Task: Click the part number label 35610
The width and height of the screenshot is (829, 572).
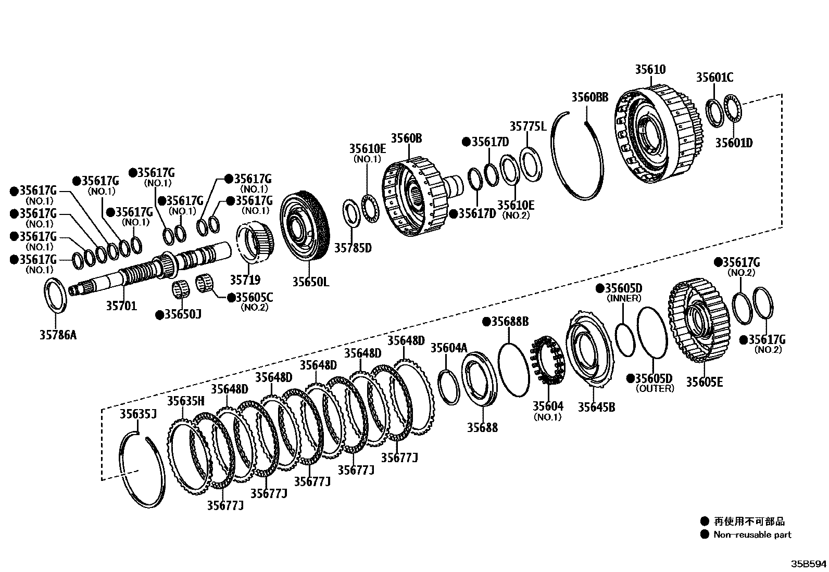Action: [x=650, y=69]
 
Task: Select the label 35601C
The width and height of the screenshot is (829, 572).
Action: [x=714, y=78]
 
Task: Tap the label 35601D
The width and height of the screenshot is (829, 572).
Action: [x=734, y=143]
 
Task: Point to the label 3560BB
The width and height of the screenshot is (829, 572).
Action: [x=589, y=97]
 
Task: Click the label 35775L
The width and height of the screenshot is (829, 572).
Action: [x=527, y=126]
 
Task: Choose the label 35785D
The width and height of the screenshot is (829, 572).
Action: [x=353, y=248]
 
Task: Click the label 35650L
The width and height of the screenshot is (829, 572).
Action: [x=310, y=282]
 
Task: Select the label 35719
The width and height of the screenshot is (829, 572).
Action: [x=245, y=280]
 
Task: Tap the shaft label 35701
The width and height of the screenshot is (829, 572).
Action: [x=121, y=306]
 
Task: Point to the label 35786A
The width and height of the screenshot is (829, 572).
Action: [x=58, y=335]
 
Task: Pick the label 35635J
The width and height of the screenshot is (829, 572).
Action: [x=138, y=414]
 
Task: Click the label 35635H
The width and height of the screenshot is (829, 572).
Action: [x=185, y=401]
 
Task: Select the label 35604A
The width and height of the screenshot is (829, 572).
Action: [x=449, y=348]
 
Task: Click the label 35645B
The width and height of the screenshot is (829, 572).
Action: [x=596, y=407]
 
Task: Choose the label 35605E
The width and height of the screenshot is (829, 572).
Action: [x=704, y=382]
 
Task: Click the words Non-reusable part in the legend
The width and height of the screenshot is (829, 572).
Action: [x=752, y=535]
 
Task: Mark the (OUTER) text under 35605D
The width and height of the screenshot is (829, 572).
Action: [x=655, y=388]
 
